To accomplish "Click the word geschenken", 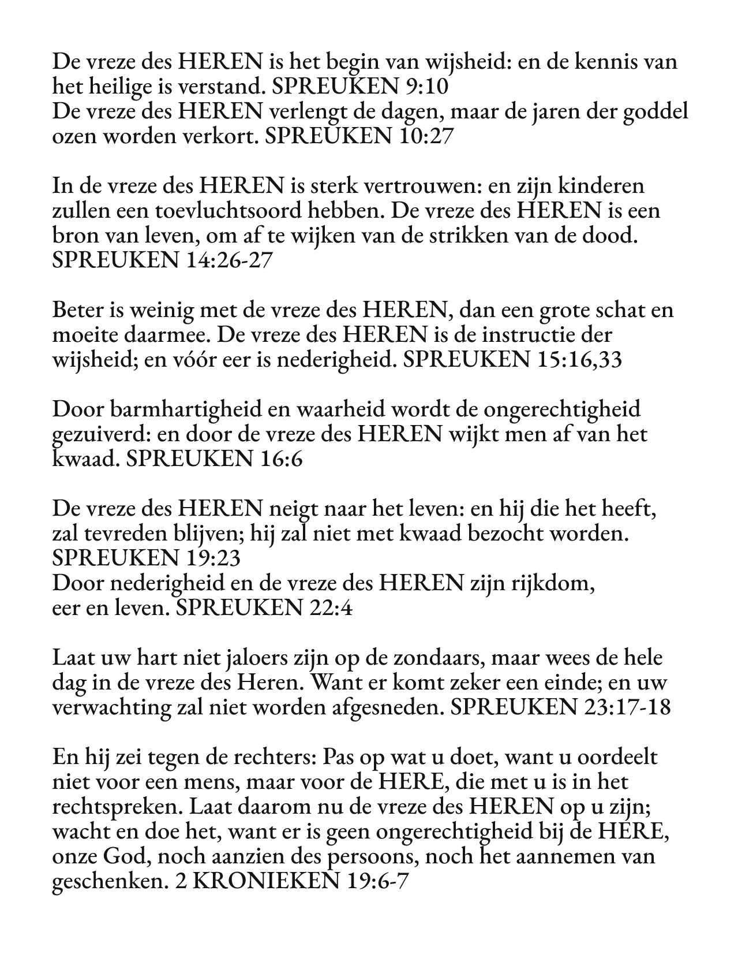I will pyautogui.click(x=109, y=882).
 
